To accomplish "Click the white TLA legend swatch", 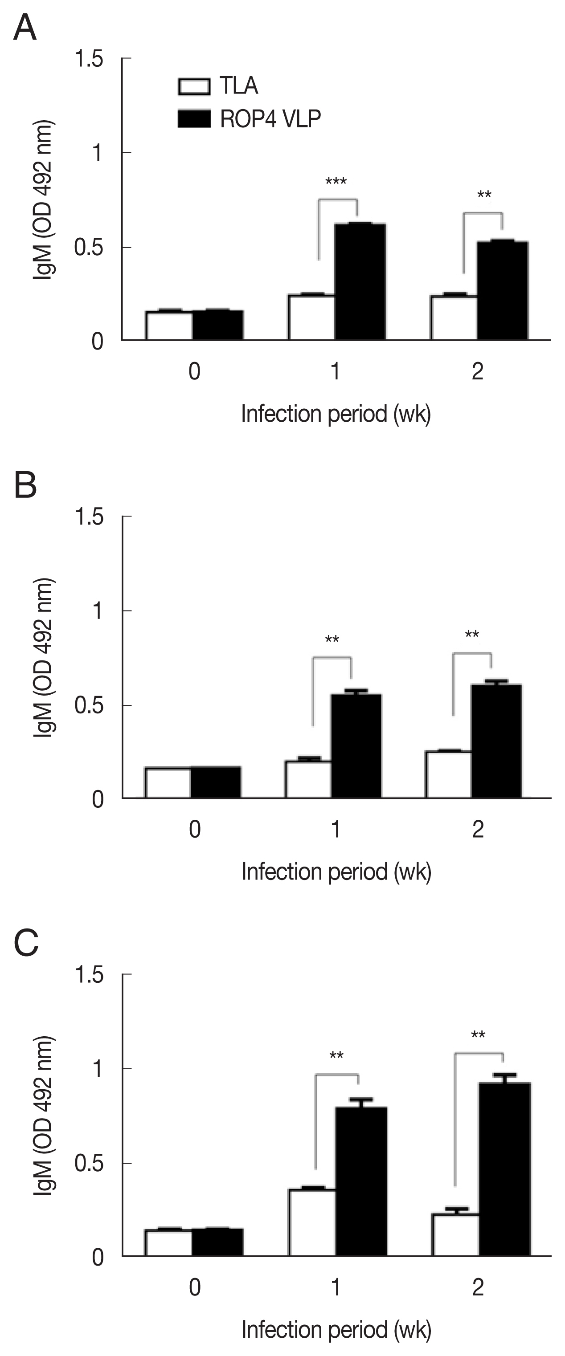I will coord(194,86).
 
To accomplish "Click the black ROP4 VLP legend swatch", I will coord(194,118).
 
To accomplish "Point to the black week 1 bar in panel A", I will coord(360,281).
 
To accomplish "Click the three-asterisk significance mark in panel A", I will coord(336,182).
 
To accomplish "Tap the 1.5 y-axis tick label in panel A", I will coord(89,58).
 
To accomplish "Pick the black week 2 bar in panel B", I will coord(496,741).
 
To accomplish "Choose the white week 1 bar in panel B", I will coord(308,779).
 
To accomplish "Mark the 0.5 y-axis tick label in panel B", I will coord(89,705).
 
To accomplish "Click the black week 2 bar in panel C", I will coord(504,1169).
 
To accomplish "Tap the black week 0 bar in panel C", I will coord(217,1242).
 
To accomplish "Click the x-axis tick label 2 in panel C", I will coord(478,1287).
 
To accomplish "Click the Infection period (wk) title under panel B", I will coord(336,872).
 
